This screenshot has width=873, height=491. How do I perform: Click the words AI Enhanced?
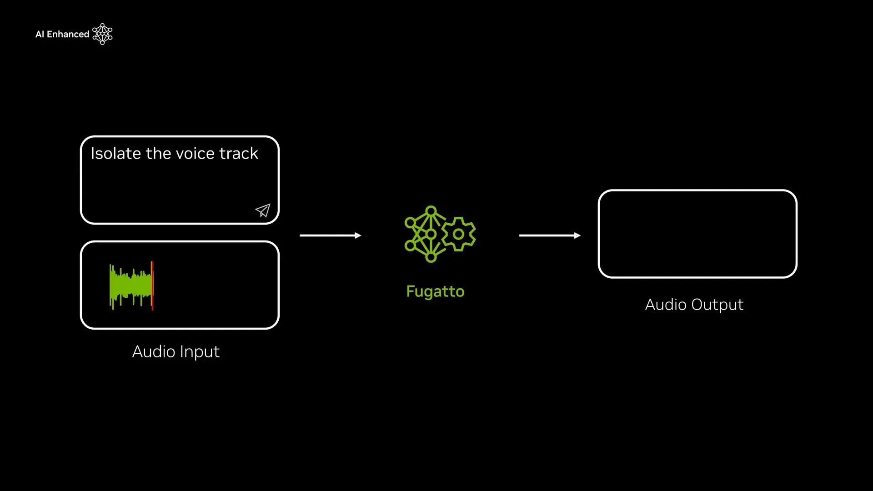tap(62, 35)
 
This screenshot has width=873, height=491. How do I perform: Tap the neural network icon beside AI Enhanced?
tap(102, 34)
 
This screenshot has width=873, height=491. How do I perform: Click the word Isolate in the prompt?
tap(115, 154)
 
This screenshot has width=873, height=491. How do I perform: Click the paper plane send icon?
tap(263, 210)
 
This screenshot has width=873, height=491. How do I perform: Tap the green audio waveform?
tap(130, 286)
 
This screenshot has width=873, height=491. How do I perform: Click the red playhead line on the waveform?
tap(152, 286)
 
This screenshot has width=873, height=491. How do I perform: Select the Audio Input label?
tap(176, 351)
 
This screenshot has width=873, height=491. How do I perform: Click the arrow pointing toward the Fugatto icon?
tap(331, 235)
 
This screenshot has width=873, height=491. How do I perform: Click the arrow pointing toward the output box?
tap(550, 235)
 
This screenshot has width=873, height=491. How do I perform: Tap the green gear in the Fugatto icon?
tap(459, 234)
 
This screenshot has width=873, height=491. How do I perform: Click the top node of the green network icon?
tap(431, 211)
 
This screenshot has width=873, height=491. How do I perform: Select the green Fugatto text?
tap(435, 291)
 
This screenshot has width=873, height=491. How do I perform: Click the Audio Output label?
tap(694, 305)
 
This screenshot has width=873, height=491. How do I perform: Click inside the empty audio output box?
tap(697, 234)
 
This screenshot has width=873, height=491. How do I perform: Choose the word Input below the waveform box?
tap(200, 352)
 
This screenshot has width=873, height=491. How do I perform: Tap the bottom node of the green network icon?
tap(431, 258)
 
